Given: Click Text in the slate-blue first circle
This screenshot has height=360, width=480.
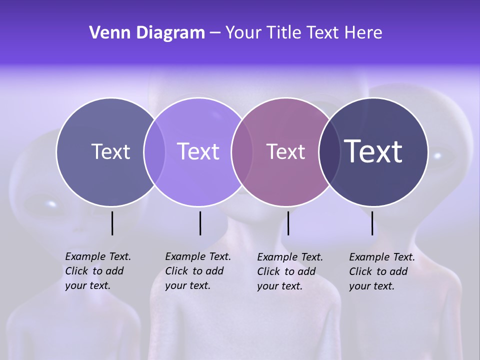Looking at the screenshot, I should [x=110, y=151].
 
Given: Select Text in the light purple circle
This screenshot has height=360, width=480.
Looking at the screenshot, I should [x=198, y=151].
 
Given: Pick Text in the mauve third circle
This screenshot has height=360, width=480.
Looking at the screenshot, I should [x=285, y=152].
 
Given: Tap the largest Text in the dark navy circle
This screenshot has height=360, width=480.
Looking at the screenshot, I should [x=373, y=151].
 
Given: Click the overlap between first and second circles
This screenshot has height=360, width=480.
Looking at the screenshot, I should [x=154, y=152].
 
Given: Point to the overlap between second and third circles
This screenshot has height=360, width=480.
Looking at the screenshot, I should [x=242, y=152].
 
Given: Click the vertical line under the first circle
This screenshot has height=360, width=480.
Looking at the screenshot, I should [x=112, y=223].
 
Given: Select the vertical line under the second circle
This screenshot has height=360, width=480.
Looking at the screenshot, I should [x=200, y=223].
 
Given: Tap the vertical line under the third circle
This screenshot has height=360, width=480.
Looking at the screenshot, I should [x=288, y=223].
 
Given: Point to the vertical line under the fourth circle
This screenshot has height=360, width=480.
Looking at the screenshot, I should [x=372, y=223].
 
